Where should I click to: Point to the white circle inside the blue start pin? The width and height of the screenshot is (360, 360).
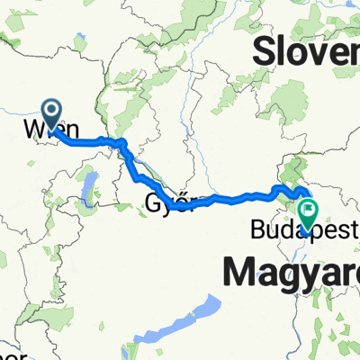click(51, 111)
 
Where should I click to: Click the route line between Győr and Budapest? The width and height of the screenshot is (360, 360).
click(238, 197)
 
